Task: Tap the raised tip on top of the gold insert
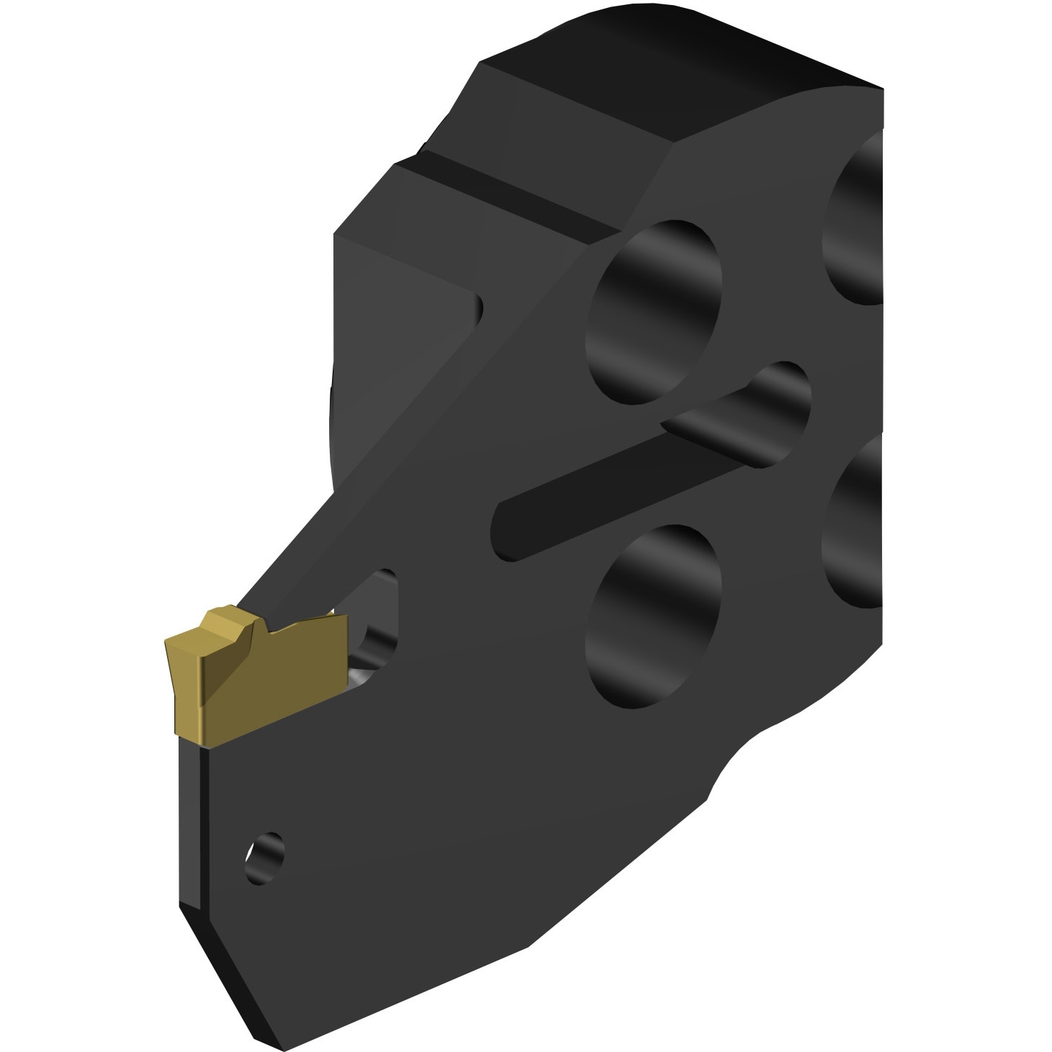[229, 623]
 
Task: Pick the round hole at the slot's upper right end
[770, 403]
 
